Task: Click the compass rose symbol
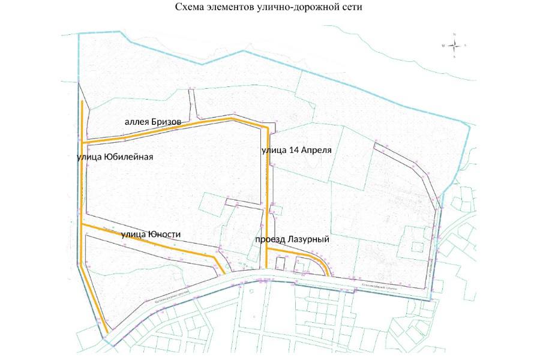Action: tap(454, 46)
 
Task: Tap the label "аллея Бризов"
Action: tap(152, 122)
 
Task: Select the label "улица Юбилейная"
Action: tap(115, 157)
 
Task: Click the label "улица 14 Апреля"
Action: tap(296, 149)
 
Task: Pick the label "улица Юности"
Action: tap(151, 234)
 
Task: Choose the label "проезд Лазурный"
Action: tap(292, 239)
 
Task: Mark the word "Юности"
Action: tap(164, 234)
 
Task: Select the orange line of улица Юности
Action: tap(150, 241)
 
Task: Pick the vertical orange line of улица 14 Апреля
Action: tap(266, 198)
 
